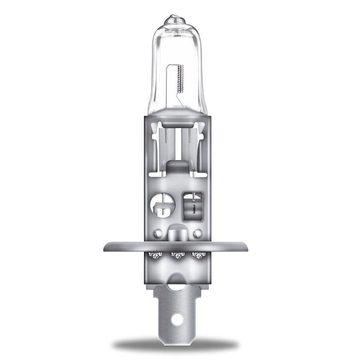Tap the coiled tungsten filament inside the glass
point(180,80)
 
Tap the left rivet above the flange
point(159,232)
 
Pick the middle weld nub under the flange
point(176,255)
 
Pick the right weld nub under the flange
point(196,255)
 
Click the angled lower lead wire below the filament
point(181,102)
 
